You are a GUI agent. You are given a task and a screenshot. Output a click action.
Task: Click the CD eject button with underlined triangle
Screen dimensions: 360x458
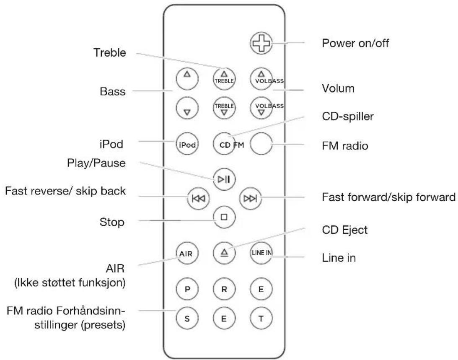click(x=224, y=254)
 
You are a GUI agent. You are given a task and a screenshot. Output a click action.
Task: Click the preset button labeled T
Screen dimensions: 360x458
click(x=261, y=317)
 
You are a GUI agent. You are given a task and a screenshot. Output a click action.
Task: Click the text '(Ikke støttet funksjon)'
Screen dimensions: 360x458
click(x=78, y=283)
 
